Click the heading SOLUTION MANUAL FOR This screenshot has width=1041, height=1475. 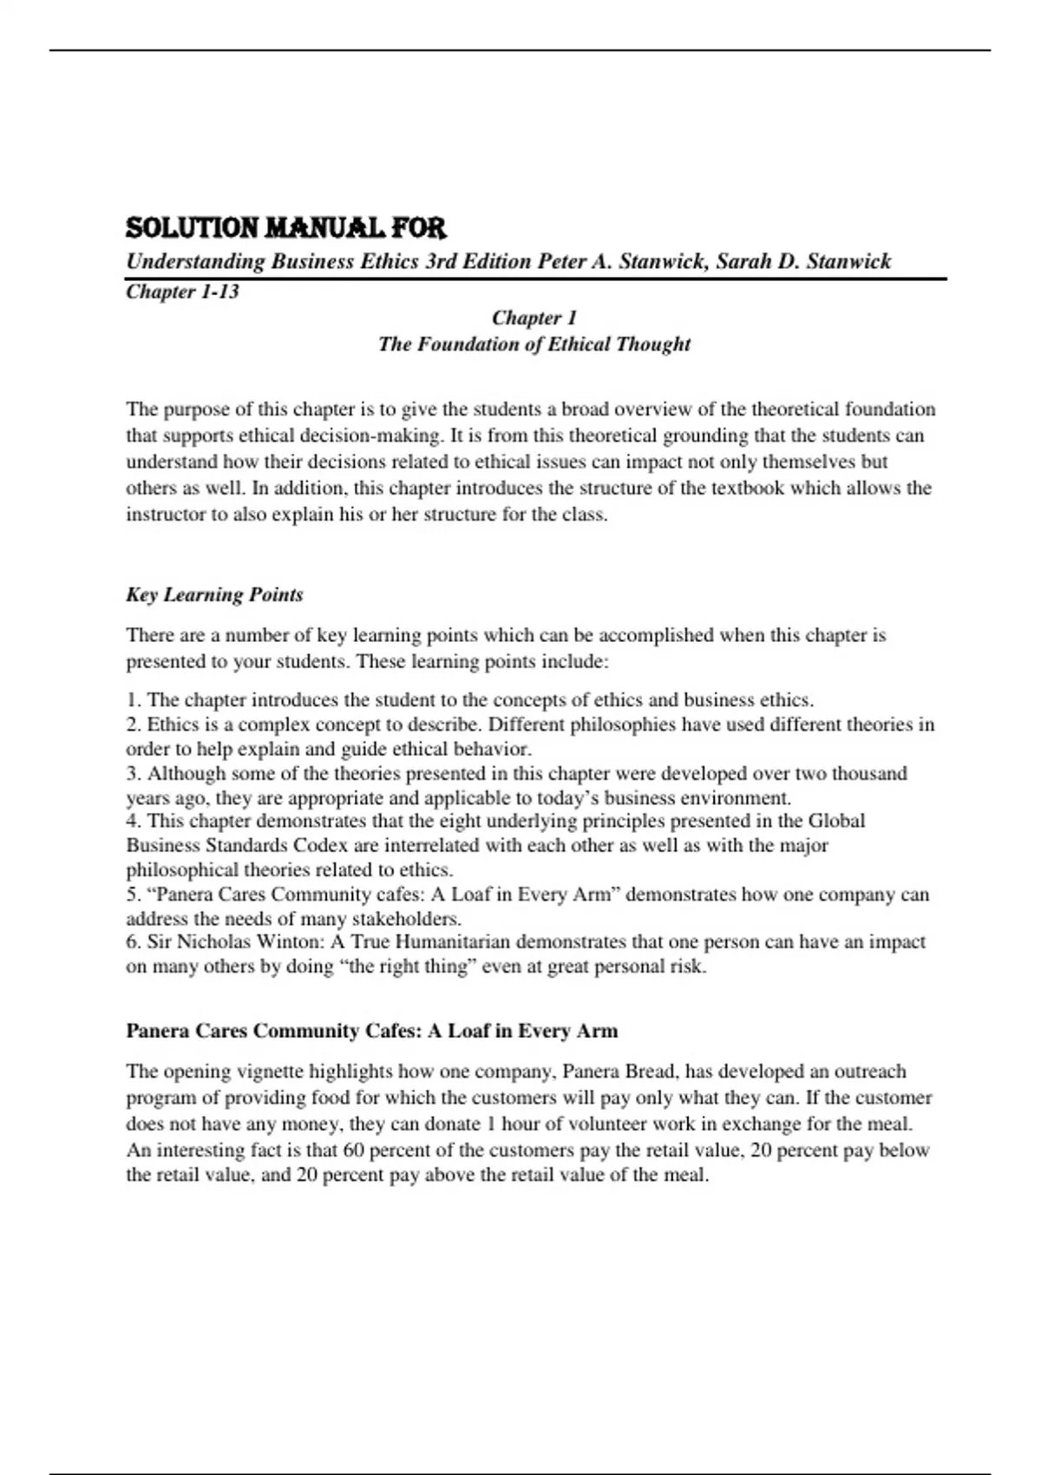pyautogui.click(x=285, y=228)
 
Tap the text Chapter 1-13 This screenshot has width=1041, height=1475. pyautogui.click(x=182, y=292)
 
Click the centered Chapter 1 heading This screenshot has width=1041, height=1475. pyautogui.click(x=534, y=318)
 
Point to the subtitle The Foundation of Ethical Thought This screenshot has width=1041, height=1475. pyautogui.click(x=534, y=344)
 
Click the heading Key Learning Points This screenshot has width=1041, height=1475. pyautogui.click(x=214, y=595)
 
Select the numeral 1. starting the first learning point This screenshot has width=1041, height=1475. pyautogui.click(x=134, y=700)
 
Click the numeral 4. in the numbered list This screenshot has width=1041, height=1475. pyautogui.click(x=134, y=821)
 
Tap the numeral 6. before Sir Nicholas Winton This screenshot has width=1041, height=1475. pyautogui.click(x=134, y=942)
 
